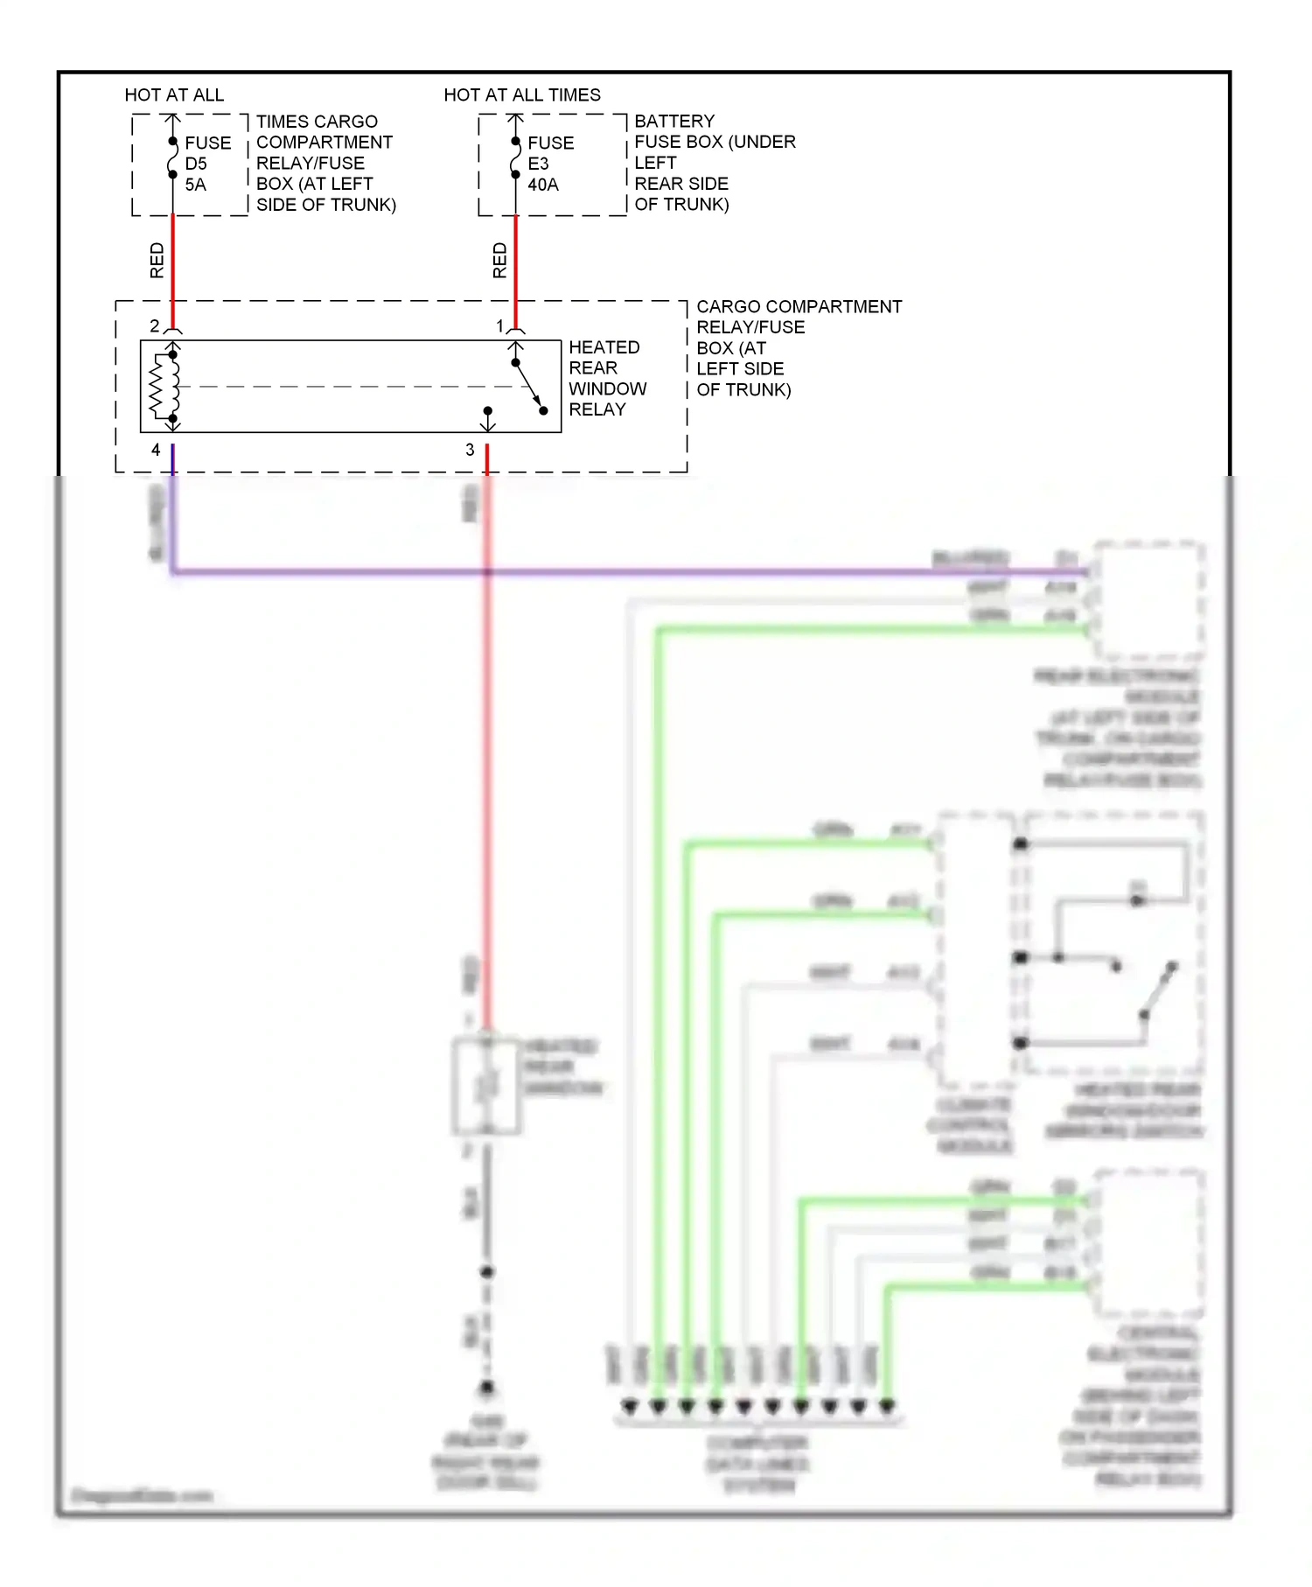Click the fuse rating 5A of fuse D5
click(x=195, y=185)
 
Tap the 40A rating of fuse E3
click(x=542, y=185)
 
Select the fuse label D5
click(x=195, y=164)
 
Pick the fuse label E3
click(x=538, y=164)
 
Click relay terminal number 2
click(x=155, y=325)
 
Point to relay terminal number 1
click(x=500, y=325)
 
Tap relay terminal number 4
click(x=156, y=450)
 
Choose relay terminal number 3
click(x=470, y=450)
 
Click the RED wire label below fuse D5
click(x=157, y=261)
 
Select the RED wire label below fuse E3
click(x=500, y=261)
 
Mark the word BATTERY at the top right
click(x=674, y=121)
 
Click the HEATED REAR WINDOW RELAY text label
click(x=606, y=378)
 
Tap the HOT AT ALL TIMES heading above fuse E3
click(x=522, y=94)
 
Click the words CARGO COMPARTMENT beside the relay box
click(x=799, y=307)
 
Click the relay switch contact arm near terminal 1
click(x=528, y=386)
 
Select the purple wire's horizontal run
click(x=612, y=572)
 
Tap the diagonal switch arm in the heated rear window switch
click(x=1157, y=990)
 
